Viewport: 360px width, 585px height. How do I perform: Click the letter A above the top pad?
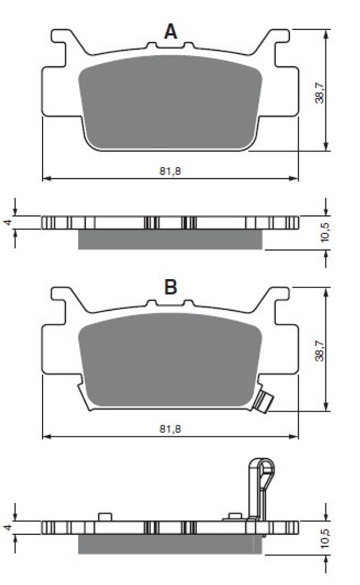pyautogui.click(x=170, y=32)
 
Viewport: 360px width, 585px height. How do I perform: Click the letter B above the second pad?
pyautogui.click(x=170, y=287)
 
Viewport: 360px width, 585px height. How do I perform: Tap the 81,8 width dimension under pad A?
pyautogui.click(x=170, y=171)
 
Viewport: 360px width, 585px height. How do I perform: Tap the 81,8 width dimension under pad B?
pyautogui.click(x=170, y=429)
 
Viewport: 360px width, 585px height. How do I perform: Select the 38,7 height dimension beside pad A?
pyautogui.click(x=319, y=93)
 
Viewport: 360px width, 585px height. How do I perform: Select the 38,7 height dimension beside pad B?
pyautogui.click(x=319, y=350)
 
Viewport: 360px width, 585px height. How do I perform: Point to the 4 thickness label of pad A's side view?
pyautogui.click(x=8, y=223)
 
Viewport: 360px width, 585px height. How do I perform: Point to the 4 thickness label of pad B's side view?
pyautogui.click(x=8, y=527)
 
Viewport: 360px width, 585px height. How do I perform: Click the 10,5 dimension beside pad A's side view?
pyautogui.click(x=325, y=232)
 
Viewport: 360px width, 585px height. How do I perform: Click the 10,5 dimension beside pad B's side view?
pyautogui.click(x=325, y=538)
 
